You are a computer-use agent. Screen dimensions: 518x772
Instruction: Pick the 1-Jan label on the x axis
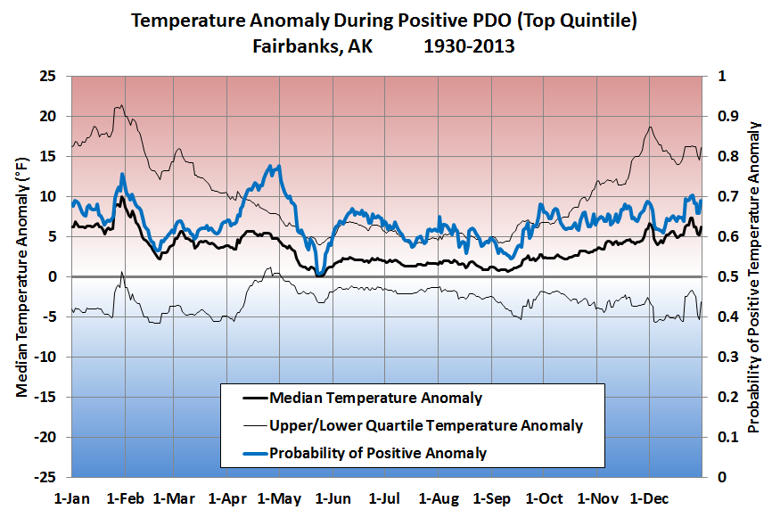pyautogui.click(x=72, y=497)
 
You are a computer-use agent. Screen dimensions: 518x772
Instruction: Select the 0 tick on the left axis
pyautogui.click(x=53, y=276)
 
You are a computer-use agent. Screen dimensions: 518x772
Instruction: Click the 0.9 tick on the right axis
pyautogui.click(x=721, y=116)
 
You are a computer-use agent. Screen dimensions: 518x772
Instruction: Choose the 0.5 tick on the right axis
pyautogui.click(x=721, y=276)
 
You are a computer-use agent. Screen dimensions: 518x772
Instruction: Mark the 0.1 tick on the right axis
pyautogui.click(x=721, y=437)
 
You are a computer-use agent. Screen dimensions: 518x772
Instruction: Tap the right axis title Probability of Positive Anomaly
pyautogui.click(x=755, y=276)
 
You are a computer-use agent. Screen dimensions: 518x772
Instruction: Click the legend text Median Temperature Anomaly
pyautogui.click(x=375, y=398)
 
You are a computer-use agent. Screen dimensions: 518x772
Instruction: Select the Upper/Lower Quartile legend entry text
pyautogui.click(x=425, y=425)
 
